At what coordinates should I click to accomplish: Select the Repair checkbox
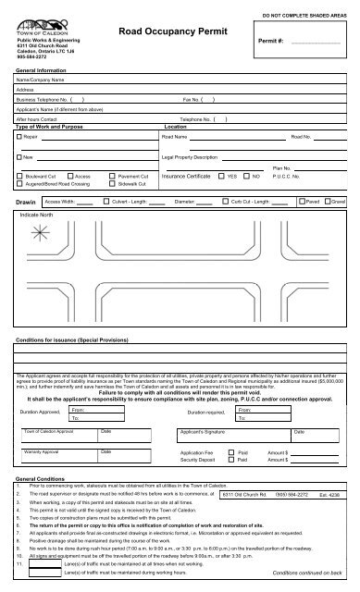pos(19,136)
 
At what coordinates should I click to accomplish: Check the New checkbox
pos(19,158)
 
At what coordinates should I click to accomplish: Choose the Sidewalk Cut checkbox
pos(112,183)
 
